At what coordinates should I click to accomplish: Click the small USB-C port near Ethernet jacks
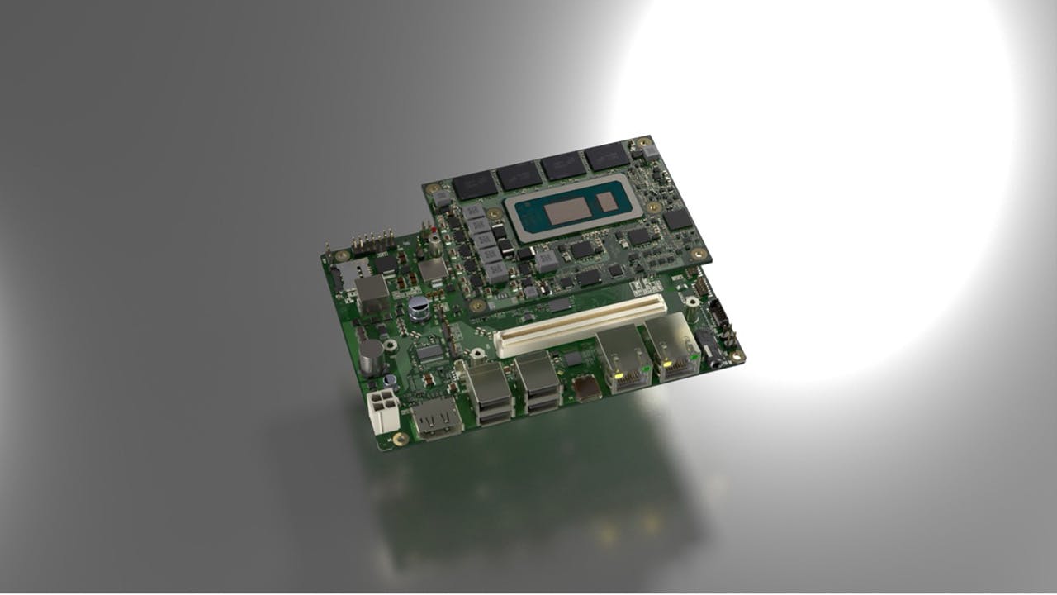(x=588, y=388)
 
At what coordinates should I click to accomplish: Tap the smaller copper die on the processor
(x=607, y=201)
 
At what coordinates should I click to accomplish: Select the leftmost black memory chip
(x=474, y=186)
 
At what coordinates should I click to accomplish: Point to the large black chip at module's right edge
(x=677, y=218)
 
